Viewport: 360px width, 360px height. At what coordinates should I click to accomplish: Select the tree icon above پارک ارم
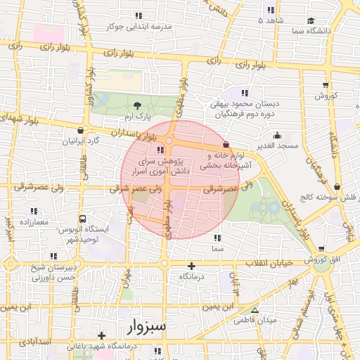[x=136, y=104]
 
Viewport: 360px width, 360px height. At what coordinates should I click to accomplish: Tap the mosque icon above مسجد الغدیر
[x=278, y=136]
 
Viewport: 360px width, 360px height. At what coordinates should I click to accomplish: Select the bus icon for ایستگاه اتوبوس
[x=83, y=219]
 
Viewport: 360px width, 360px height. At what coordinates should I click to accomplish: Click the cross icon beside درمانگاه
[x=191, y=266]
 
